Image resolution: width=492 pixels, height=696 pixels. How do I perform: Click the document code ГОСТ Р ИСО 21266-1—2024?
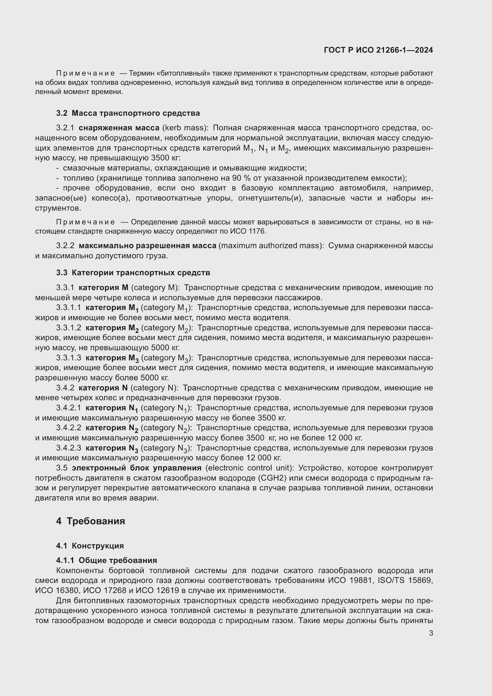378,50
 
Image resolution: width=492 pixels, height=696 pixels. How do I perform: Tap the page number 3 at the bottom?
431,633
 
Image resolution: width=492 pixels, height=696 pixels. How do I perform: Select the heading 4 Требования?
90,521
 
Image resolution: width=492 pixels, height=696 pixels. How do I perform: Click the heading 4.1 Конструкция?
90,546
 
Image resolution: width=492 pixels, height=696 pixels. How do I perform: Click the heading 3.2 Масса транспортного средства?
128,113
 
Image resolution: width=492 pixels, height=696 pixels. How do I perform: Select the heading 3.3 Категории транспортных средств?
133,273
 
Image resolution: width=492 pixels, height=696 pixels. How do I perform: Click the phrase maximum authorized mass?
270,245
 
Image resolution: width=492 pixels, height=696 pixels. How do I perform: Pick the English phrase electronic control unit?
249,468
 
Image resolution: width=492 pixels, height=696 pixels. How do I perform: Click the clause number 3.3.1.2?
68,328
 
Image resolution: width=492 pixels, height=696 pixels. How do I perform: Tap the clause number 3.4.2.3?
68,448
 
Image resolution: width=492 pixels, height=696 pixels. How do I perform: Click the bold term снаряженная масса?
119,128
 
